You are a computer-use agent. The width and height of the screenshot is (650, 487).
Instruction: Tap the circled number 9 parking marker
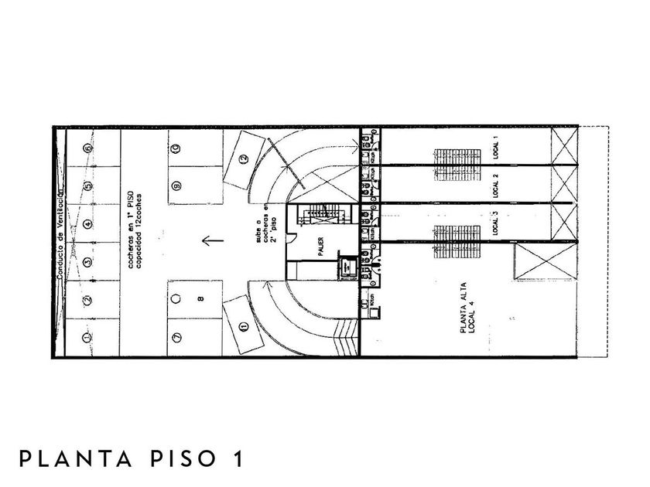click(176, 186)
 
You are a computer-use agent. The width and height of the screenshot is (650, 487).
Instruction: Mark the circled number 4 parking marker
click(88, 224)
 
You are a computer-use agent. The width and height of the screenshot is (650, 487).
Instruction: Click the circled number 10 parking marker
click(176, 148)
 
